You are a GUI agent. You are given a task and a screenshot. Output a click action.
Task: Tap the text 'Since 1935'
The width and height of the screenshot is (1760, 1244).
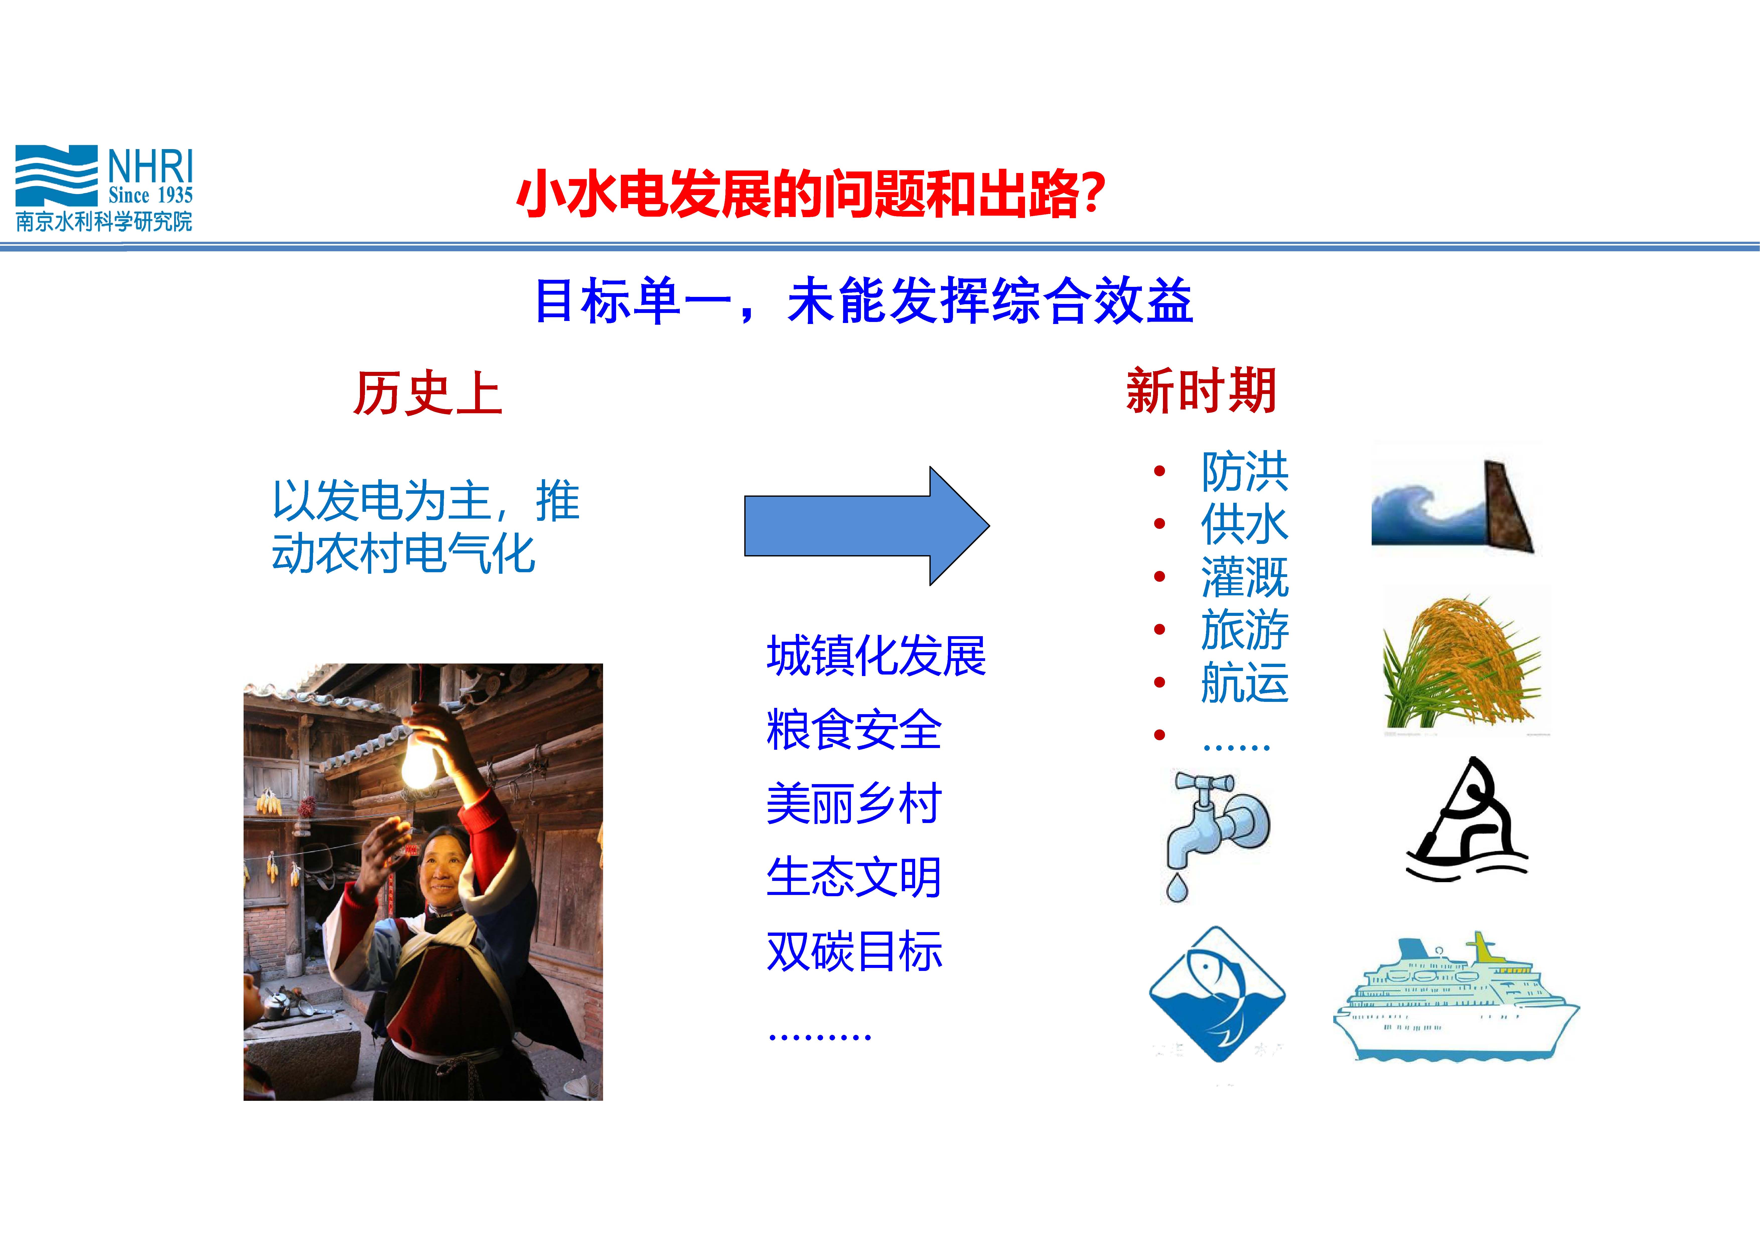(x=150, y=195)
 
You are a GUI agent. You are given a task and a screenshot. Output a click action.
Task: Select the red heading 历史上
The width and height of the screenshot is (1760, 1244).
(x=428, y=393)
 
